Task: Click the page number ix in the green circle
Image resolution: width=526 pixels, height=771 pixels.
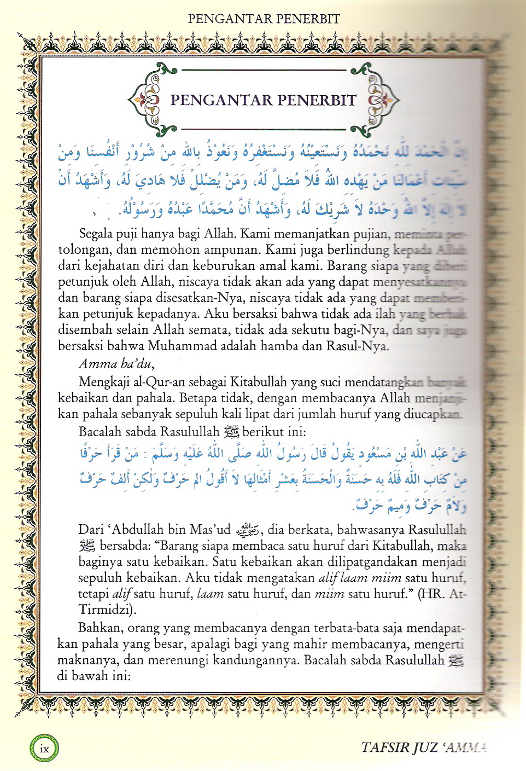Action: tap(44, 749)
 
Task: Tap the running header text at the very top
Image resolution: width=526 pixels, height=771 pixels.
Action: tap(264, 19)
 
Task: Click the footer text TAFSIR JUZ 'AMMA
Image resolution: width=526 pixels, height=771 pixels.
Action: tap(424, 747)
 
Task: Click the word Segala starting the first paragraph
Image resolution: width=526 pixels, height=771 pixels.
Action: tap(96, 234)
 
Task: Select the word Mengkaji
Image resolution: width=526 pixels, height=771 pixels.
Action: tap(104, 381)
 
